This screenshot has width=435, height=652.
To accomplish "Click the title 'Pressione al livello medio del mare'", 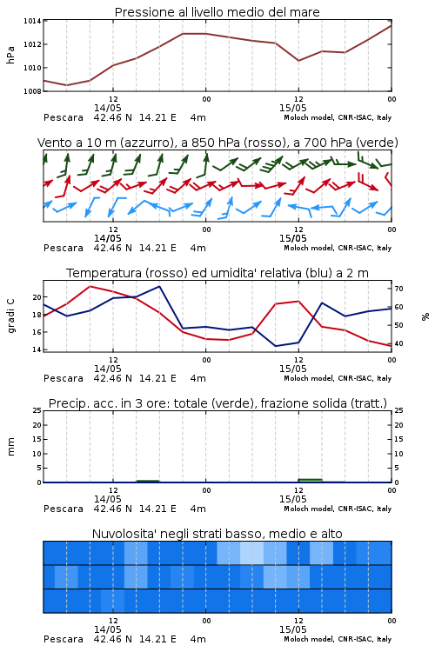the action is coord(217,12).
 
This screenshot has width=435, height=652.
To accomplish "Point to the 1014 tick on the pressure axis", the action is coord(32,21).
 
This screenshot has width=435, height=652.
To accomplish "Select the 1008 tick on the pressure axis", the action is coord(32,90).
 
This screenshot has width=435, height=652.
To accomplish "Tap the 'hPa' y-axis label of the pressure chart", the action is coord(10,55).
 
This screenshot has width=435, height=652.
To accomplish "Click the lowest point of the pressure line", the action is coord(67,85).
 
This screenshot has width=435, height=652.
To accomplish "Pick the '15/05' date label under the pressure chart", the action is coord(292,108).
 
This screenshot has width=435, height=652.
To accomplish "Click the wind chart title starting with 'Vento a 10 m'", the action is coord(217,143).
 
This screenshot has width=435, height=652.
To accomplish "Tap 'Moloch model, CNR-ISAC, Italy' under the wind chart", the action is coord(338,248).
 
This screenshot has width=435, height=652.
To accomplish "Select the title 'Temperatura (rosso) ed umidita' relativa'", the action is coord(217,273).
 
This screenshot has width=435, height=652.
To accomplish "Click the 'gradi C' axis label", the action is coord(10,316).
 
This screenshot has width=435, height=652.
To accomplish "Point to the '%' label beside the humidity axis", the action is coord(425,316).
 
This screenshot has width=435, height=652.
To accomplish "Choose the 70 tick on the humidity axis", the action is coord(398,289).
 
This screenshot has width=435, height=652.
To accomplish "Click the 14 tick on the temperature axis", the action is coord(37,349).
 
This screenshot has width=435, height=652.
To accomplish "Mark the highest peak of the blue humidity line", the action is coord(159,286).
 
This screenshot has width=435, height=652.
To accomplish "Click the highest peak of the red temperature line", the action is coord(90,286).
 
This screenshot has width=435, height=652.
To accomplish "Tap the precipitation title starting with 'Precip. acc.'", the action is coord(217,403).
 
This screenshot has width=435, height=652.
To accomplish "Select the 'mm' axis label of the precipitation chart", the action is coord(10,447).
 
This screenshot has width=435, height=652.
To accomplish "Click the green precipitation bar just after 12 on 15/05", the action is coord(310,481).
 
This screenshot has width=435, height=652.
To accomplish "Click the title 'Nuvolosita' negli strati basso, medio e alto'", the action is coord(217,534).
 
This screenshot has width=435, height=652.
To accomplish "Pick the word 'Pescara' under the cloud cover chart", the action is coord(64,639).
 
